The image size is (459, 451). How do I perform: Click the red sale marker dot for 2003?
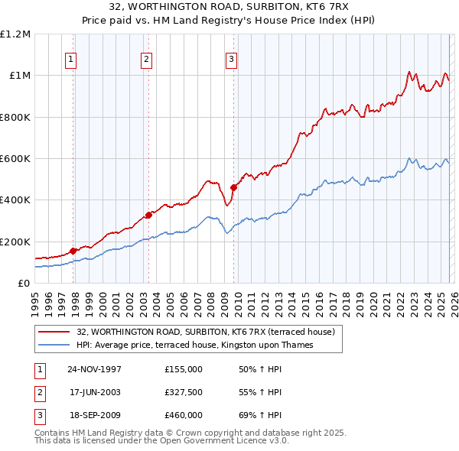tap(148, 215)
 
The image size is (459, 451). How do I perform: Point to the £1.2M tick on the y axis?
tap(15, 34)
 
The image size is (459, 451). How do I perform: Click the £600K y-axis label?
tap(15, 159)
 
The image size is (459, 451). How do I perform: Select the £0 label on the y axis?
tap(24, 283)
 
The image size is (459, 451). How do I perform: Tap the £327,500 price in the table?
tap(184, 392)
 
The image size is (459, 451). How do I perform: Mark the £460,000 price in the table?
tap(184, 415)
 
